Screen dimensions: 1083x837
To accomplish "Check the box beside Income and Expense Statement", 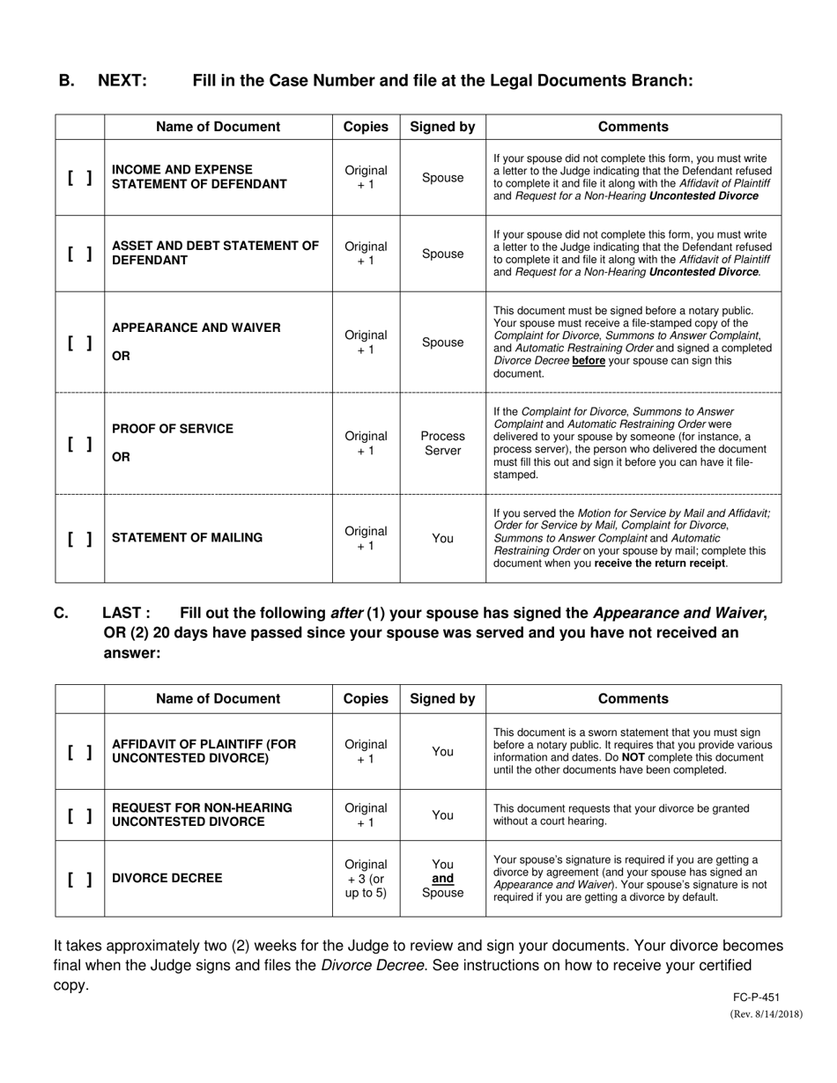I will (79, 178).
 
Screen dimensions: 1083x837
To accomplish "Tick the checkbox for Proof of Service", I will (79, 443).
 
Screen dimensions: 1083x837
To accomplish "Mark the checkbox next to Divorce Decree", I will (79, 879).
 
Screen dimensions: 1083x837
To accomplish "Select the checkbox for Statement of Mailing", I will (79, 538).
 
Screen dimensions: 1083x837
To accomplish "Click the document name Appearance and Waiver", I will (196, 328).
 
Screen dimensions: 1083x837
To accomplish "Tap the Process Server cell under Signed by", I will (442, 443).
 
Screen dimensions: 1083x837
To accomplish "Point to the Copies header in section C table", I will (366, 698).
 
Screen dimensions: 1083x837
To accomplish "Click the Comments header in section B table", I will (633, 127).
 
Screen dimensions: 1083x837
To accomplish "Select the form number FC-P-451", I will (755, 998).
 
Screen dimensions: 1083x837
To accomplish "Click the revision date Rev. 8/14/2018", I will (767, 1014).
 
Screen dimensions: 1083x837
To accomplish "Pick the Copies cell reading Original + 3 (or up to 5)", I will (366, 879).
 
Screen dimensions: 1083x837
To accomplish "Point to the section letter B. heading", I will (67, 81).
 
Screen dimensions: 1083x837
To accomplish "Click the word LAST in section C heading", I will (126, 614).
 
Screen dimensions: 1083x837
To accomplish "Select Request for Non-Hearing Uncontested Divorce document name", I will (202, 814).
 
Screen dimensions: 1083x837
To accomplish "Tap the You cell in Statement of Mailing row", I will (442, 538).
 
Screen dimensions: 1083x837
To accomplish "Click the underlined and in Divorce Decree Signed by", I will (443, 879).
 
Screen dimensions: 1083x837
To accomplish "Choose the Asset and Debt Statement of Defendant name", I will (215, 254).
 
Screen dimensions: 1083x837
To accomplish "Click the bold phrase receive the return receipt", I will (661, 564).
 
